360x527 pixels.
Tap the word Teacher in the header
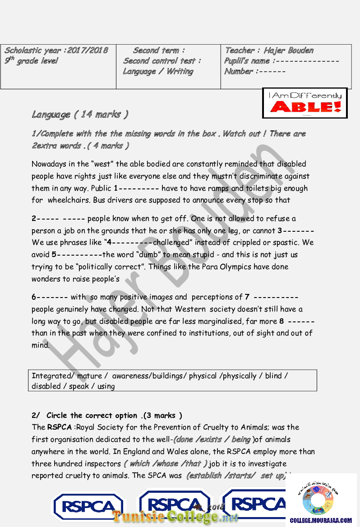(x=240, y=50)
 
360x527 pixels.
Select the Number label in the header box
(x=239, y=71)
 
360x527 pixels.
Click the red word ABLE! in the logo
(x=305, y=107)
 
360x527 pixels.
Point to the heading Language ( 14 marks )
(x=80, y=115)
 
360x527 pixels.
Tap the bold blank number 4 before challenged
(x=109, y=243)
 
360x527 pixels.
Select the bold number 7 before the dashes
(x=247, y=297)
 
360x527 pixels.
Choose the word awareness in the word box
(x=131, y=376)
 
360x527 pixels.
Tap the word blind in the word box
(x=273, y=376)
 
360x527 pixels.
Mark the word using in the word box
(x=106, y=386)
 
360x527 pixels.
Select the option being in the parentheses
(x=241, y=440)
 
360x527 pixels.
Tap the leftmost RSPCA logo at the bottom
(x=88, y=506)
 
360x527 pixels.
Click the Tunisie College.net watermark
(x=175, y=517)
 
